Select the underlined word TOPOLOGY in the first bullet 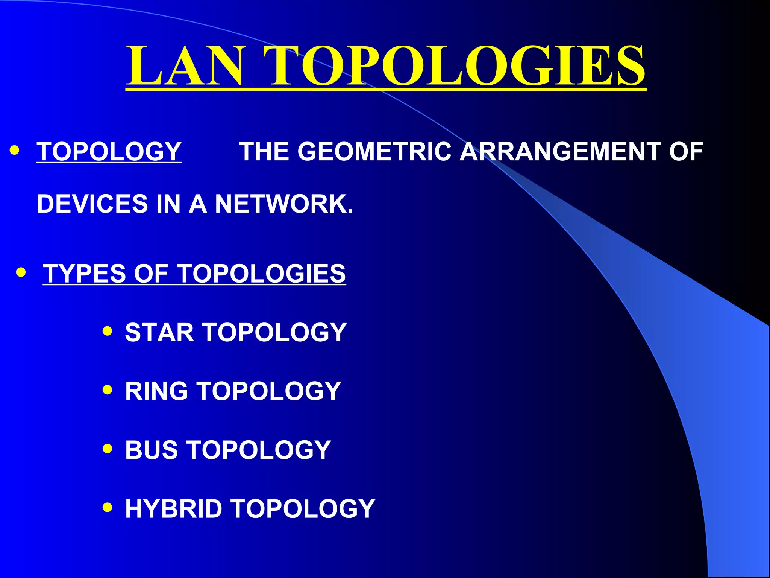pyautogui.click(x=109, y=152)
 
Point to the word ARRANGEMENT pyautogui.click(x=560, y=152)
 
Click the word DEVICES pyautogui.click(x=92, y=204)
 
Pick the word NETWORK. pyautogui.click(x=284, y=204)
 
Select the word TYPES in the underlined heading pyautogui.click(x=84, y=273)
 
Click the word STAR pyautogui.click(x=159, y=332)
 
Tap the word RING pyautogui.click(x=156, y=391)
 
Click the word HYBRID pyautogui.click(x=173, y=508)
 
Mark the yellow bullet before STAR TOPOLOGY pyautogui.click(x=108, y=331)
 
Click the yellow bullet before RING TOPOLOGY pyautogui.click(x=108, y=389)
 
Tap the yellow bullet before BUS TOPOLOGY pyautogui.click(x=108, y=448)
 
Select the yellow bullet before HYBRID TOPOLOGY pyautogui.click(x=108, y=507)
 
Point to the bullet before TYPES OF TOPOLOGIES pyautogui.click(x=21, y=272)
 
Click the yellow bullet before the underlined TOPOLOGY pyautogui.click(x=15, y=150)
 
